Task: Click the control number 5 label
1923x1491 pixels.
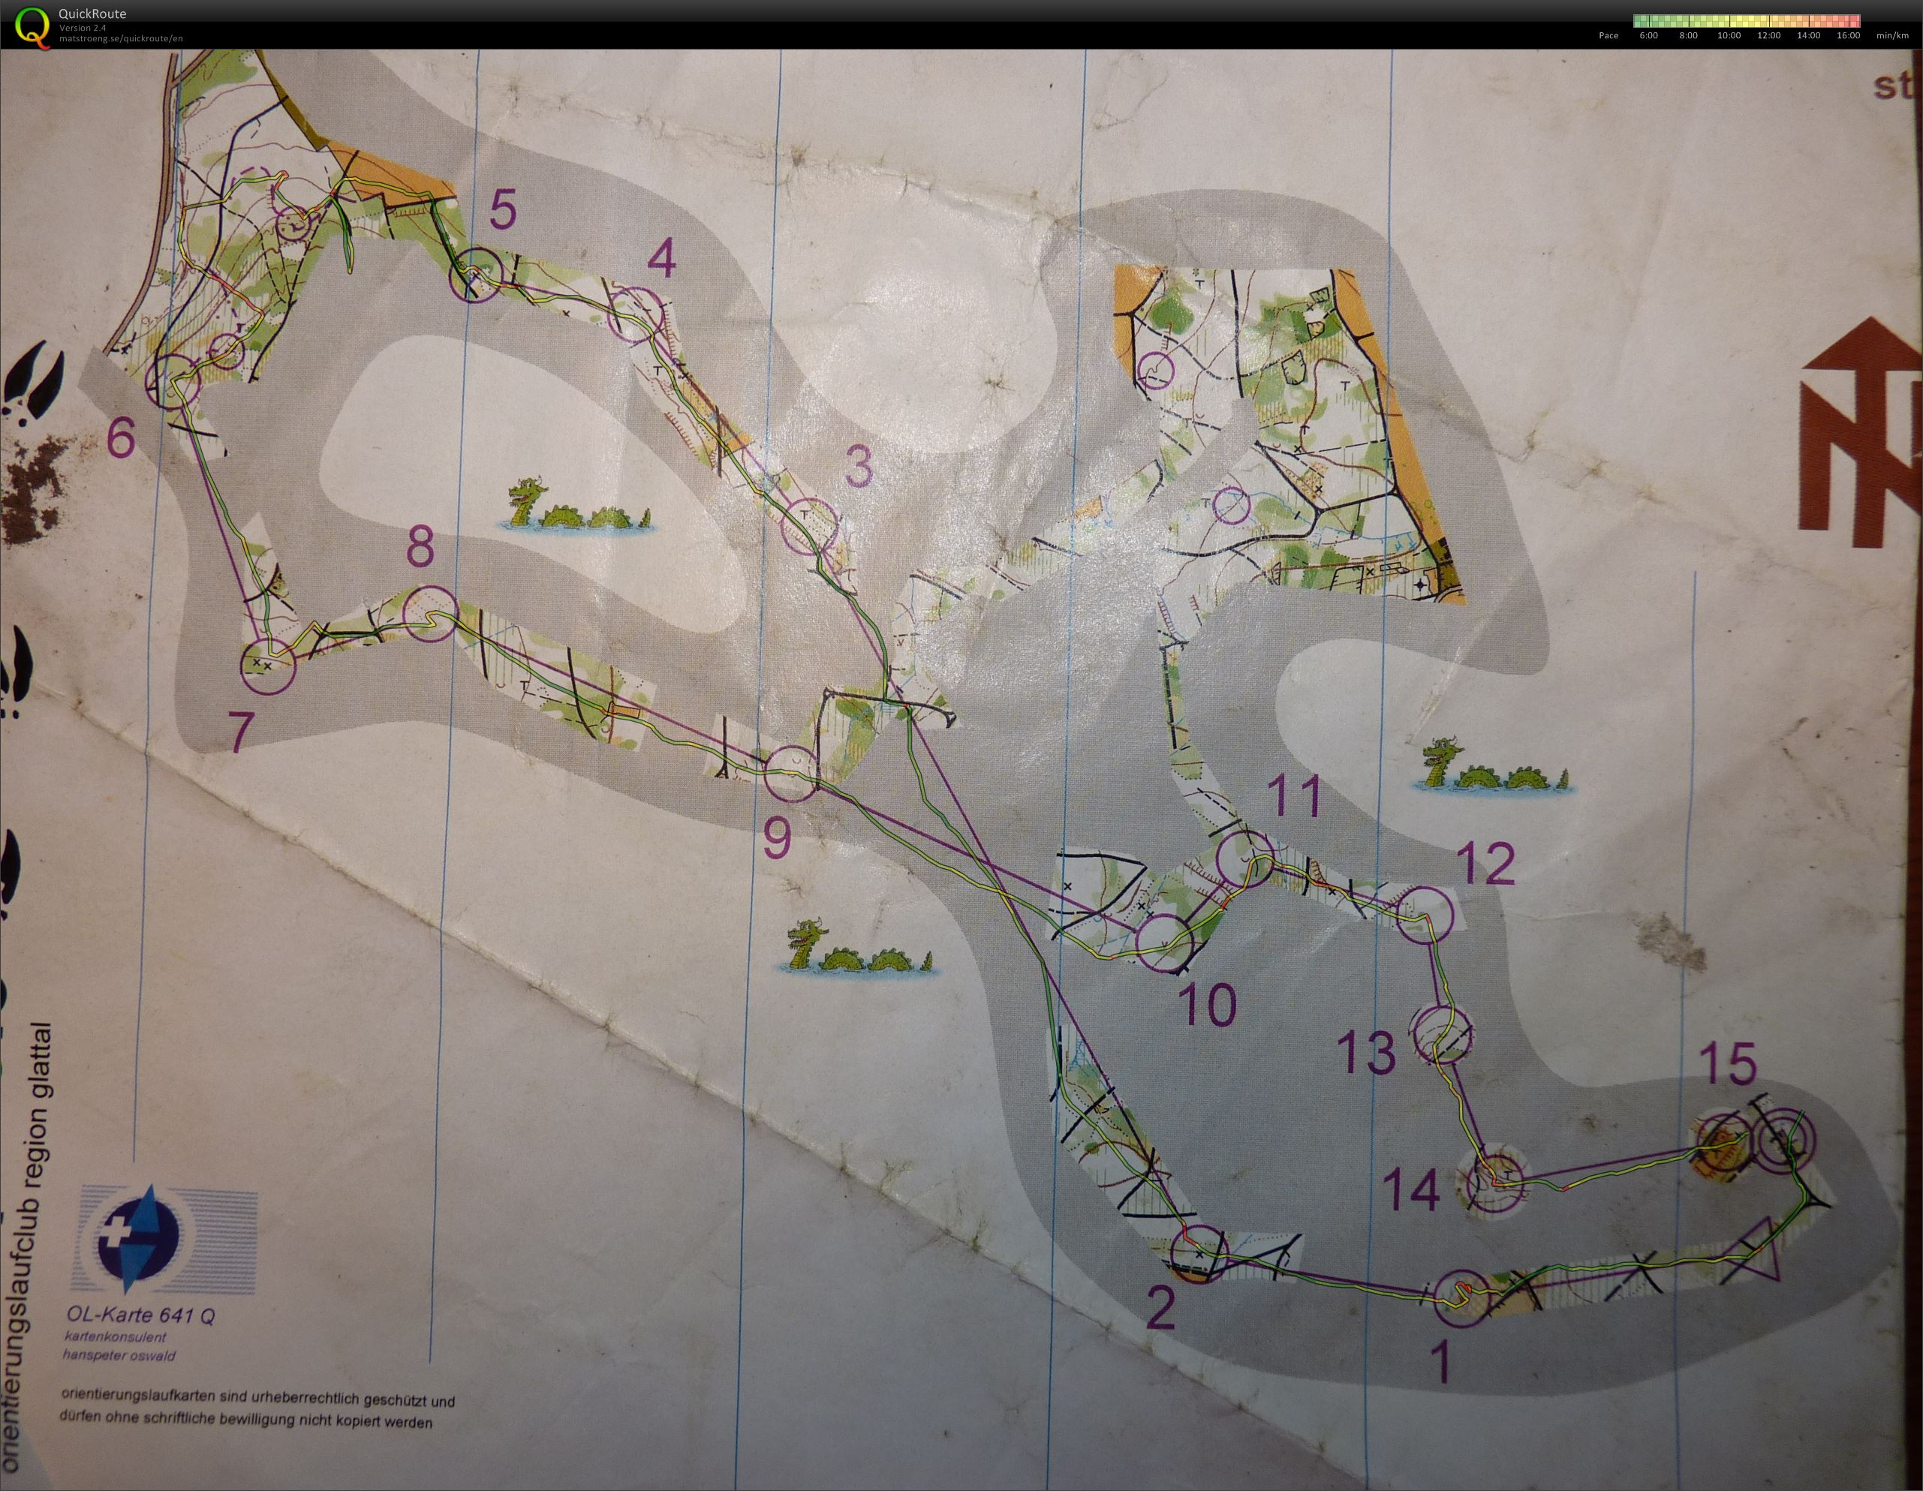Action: click(502, 212)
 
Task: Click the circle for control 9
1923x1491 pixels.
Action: click(790, 774)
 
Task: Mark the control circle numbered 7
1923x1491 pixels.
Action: click(268, 666)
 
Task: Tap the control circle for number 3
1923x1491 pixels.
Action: click(808, 525)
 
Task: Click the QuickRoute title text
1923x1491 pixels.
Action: click(92, 14)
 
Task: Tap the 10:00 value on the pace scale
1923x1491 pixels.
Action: click(1729, 36)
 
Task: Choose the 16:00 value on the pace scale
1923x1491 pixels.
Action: click(1848, 36)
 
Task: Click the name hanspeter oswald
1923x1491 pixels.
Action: click(118, 1355)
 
